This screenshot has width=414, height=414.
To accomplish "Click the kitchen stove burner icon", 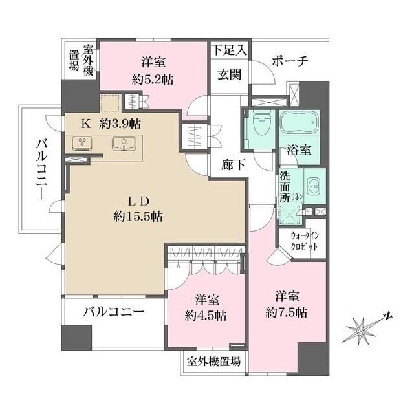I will click(82, 143).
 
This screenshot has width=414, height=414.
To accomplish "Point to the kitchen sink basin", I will click(122, 144).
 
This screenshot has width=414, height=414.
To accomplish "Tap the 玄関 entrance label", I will click(229, 74).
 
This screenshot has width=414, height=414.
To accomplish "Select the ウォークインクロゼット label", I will click(303, 240).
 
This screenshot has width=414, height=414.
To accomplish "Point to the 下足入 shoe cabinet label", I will click(229, 49).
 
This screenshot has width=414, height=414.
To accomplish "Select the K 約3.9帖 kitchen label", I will click(111, 123).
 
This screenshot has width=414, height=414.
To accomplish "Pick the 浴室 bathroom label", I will click(300, 150).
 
